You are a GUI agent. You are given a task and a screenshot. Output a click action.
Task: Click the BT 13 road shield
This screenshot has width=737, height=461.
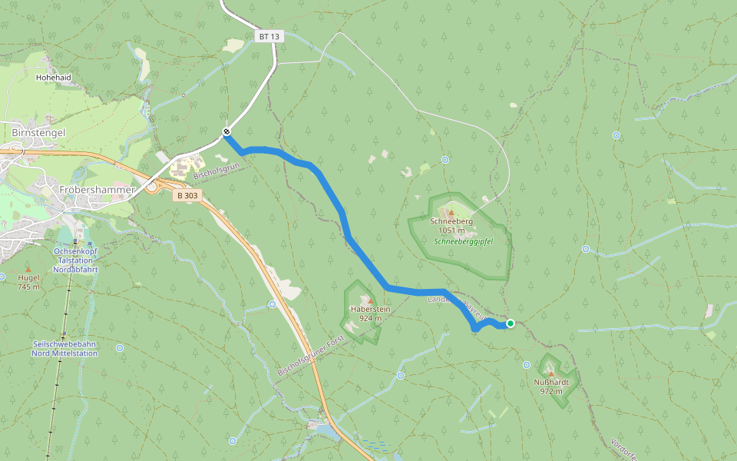[269, 36]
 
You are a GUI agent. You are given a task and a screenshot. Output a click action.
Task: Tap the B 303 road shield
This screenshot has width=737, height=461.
[187, 195]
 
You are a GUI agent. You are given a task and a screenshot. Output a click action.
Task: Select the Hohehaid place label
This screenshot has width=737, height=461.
[53, 78]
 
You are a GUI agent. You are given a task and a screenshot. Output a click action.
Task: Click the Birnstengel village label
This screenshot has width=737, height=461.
[38, 132]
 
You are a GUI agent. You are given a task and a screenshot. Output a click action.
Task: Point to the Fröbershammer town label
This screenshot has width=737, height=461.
[97, 189]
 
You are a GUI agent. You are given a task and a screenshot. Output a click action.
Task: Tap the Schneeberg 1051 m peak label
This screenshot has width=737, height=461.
[451, 225]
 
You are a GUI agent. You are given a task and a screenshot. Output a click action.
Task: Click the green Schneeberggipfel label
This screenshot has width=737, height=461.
[462, 241]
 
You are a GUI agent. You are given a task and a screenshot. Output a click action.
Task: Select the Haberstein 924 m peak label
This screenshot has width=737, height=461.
[370, 313]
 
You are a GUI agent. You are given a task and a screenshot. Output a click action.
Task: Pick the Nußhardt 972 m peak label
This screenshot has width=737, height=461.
[550, 386]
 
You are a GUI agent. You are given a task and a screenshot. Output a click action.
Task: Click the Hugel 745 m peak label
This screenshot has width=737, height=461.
[28, 282]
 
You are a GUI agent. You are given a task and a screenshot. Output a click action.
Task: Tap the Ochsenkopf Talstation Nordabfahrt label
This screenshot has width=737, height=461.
[74, 260]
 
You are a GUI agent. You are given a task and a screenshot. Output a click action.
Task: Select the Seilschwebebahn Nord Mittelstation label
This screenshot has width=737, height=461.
[64, 349]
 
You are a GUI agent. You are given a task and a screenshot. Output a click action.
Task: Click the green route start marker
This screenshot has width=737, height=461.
[511, 323]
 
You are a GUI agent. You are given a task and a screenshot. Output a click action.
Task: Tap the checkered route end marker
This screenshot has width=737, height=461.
[226, 132]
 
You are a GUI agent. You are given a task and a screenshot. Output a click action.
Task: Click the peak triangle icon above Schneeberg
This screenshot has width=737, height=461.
[451, 213]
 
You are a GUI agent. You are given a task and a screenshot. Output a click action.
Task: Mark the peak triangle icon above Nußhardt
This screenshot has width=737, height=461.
[550, 373]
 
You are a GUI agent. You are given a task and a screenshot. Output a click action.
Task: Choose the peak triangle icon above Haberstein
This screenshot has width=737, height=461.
[370, 300]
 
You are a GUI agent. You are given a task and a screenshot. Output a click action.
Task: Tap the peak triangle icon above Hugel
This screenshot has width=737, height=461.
[28, 269]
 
